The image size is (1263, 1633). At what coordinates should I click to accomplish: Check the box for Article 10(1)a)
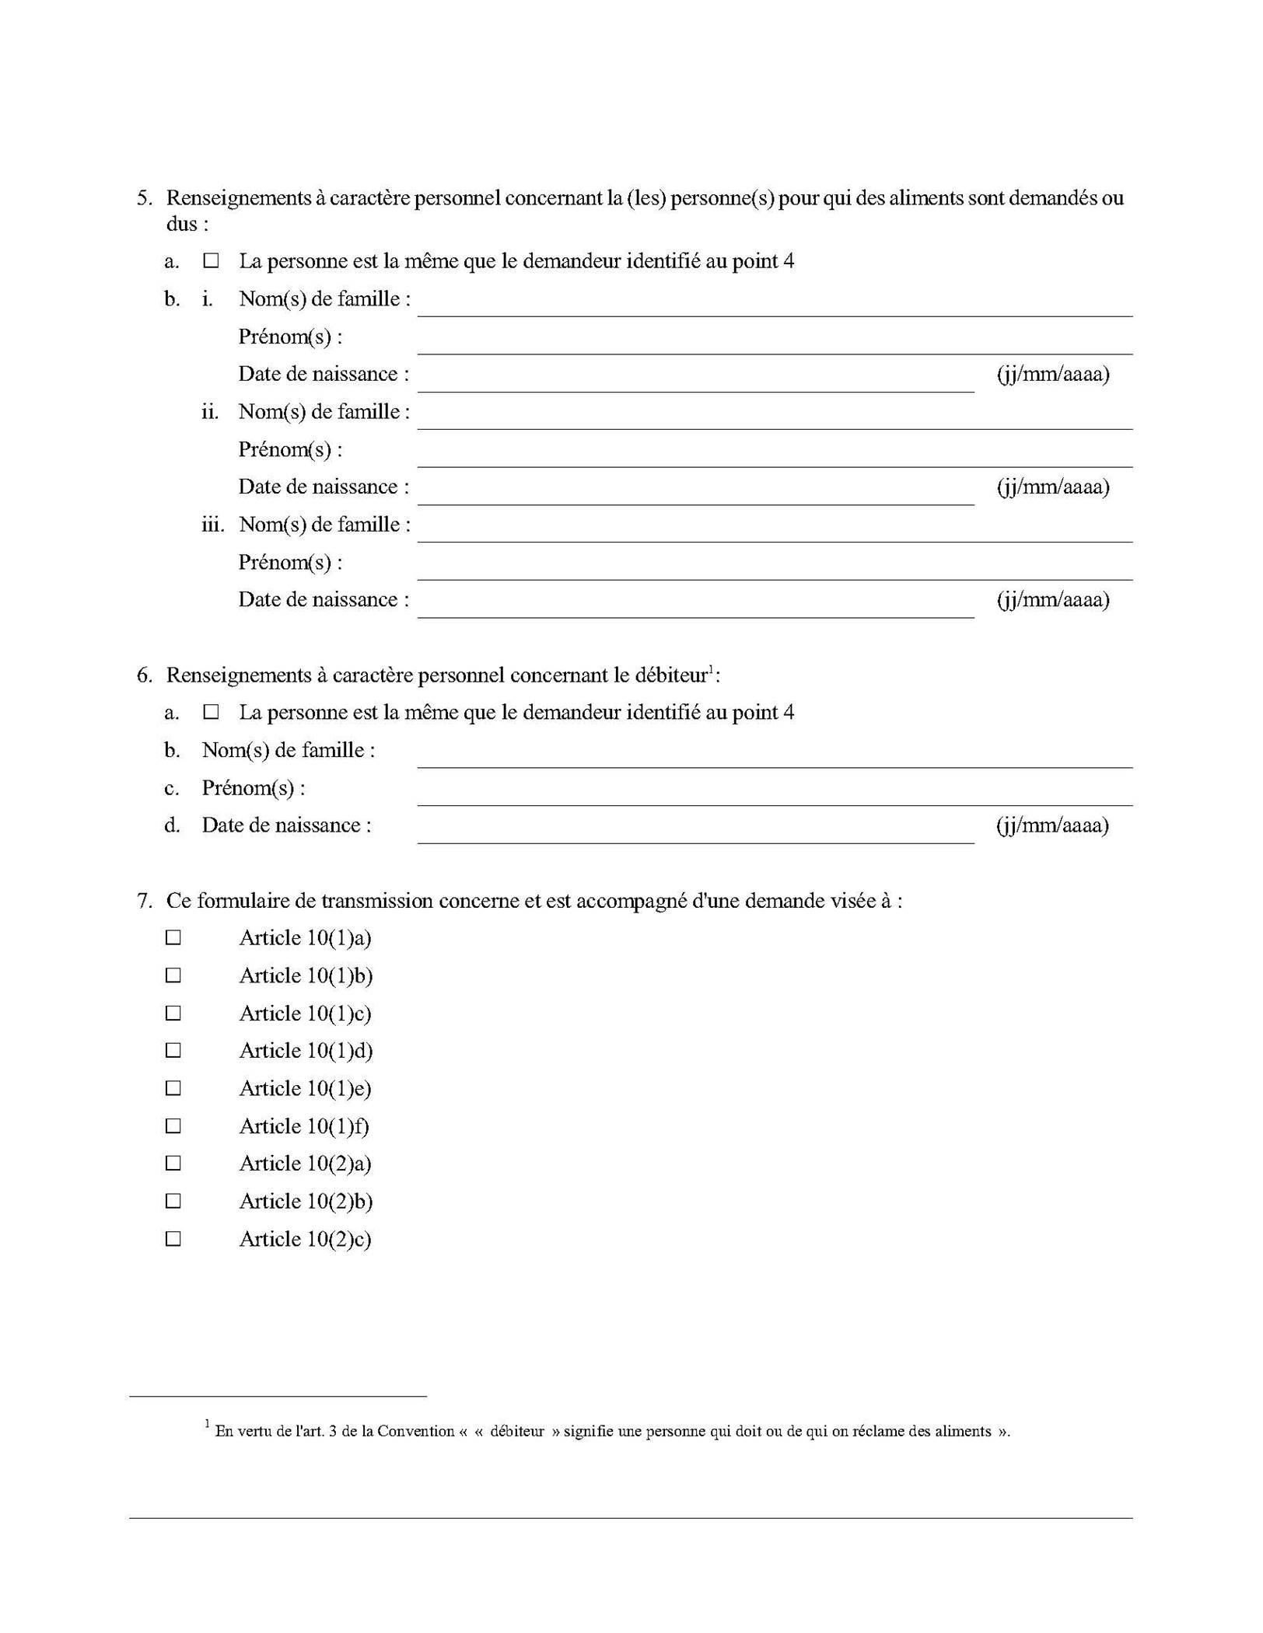[173, 938]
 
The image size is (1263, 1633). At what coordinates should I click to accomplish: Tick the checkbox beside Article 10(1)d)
[173, 1051]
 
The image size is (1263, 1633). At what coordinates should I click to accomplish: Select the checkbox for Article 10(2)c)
[173, 1239]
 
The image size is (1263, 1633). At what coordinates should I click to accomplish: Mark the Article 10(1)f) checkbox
[173, 1126]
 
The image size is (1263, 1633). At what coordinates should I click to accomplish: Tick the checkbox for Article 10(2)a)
[173, 1164]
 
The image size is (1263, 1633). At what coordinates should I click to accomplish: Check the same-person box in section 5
[211, 261]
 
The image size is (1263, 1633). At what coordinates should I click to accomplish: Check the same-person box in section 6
[211, 712]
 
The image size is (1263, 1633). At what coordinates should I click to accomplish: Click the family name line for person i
[774, 306]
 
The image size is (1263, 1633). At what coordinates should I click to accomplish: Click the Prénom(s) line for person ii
[774, 457]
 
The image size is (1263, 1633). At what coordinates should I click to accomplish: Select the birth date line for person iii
[695, 608]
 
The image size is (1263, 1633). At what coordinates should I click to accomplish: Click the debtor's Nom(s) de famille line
[774, 758]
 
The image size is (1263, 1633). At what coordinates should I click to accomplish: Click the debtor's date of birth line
[695, 833]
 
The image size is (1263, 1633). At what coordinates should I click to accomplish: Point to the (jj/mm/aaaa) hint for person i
[1053, 375]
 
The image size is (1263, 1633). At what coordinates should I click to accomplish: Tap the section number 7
[144, 901]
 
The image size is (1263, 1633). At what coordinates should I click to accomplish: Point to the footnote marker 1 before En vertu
[208, 1424]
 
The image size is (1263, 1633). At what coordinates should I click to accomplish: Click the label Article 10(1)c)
[305, 1014]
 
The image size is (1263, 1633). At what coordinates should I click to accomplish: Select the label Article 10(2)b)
[306, 1202]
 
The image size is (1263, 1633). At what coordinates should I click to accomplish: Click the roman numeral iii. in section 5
[212, 525]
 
